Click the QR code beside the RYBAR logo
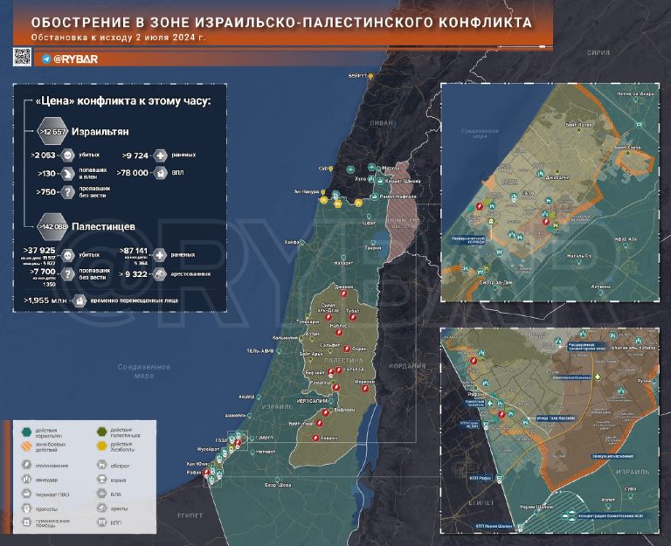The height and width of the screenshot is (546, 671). (x=23, y=57)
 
